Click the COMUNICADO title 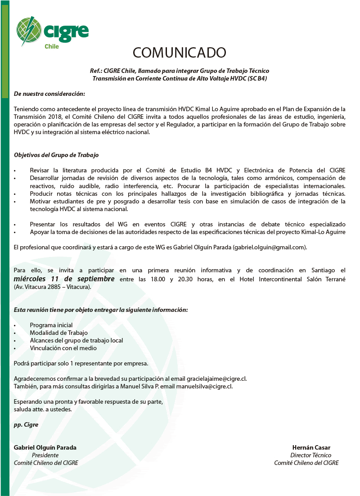pos(179,53)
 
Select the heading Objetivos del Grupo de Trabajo pos(56,155)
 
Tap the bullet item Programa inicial pos(51,325)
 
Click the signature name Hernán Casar pos(311,447)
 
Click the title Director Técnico pos(311,455)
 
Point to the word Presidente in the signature pos(45,455)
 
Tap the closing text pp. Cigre pos(26,424)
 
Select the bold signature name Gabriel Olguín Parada pos(45,447)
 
